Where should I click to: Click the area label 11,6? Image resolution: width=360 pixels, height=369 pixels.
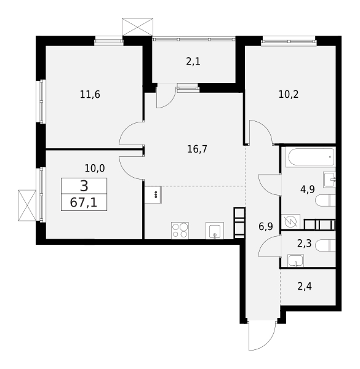tap(90, 95)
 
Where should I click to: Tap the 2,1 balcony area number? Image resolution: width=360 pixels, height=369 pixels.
tap(193, 61)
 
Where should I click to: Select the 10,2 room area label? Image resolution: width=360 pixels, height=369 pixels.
tap(289, 95)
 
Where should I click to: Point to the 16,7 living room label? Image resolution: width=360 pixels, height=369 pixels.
tap(197, 149)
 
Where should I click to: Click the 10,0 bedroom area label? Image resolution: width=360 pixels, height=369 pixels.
tap(95, 168)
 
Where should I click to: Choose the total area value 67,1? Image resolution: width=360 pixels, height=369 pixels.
tap(84, 202)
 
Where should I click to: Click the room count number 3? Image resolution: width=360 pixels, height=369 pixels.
tap(84, 186)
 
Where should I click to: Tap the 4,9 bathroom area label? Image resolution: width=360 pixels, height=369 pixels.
tap(308, 189)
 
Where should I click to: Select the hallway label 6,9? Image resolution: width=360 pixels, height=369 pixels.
tap(266, 226)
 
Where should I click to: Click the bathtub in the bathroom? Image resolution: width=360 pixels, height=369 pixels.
tap(310, 157)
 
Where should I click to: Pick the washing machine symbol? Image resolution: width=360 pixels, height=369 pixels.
tap(290, 221)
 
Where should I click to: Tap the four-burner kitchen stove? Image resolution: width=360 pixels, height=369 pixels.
tap(180, 231)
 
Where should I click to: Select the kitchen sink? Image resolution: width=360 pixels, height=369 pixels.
tap(215, 231)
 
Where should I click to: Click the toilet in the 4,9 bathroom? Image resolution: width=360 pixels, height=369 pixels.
tap(325, 200)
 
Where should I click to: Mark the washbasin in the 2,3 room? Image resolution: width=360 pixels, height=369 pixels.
tap(296, 260)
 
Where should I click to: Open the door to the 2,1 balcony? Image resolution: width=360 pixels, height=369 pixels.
tap(166, 97)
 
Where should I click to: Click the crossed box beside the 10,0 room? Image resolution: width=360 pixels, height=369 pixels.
tap(27, 205)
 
